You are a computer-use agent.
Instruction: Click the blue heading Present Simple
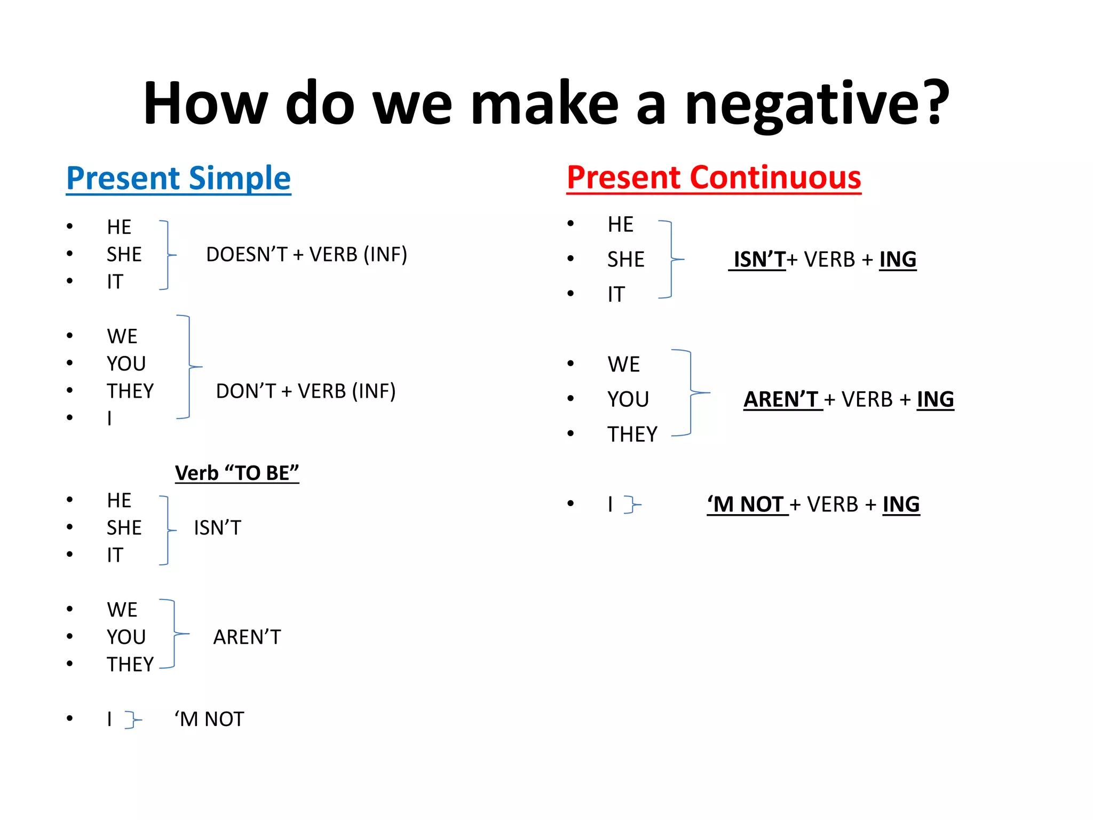(178, 178)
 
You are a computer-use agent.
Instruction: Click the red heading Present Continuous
(714, 178)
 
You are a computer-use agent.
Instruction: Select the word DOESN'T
(247, 255)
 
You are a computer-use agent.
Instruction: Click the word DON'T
(245, 391)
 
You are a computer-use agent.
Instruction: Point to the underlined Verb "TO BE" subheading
(237, 473)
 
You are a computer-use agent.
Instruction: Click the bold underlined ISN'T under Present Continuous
(758, 259)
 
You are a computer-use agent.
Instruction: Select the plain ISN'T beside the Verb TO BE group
(217, 528)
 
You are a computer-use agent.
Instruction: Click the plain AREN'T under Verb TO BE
(247, 637)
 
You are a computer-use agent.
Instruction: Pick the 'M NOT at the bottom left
(209, 719)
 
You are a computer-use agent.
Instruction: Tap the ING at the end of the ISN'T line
(898, 259)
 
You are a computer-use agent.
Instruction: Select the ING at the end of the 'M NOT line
(901, 504)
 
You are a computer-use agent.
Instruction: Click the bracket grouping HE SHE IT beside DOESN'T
(168, 255)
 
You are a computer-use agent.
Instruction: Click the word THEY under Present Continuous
(632, 435)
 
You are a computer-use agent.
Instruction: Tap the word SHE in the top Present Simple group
(124, 255)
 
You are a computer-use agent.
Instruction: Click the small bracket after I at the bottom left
(132, 720)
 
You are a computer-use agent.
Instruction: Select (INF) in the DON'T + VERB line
(373, 391)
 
